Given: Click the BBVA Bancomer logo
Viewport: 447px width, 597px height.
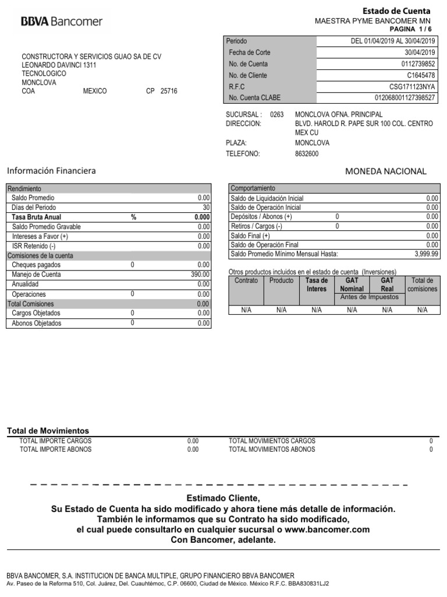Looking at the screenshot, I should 62,22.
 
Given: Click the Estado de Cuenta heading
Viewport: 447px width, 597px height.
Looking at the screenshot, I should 396,11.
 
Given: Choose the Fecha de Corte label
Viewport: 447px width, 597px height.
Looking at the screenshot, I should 250,52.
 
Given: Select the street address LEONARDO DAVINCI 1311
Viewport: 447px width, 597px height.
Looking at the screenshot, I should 59,65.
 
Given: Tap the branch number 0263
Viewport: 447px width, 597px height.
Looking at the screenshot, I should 277,114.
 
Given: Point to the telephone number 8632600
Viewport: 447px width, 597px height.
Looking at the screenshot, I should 307,154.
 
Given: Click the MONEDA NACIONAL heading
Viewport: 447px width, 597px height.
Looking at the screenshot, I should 386,171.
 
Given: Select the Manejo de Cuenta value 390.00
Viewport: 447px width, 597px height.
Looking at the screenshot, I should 200,275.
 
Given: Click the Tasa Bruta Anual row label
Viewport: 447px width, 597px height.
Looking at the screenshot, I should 36,217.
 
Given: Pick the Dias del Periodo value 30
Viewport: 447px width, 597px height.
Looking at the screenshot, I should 205,207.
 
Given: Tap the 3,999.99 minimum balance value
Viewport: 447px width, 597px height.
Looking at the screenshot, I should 427,255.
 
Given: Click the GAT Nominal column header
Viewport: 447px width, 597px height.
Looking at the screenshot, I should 352,285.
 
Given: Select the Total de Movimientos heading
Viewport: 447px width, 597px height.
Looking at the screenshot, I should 48,430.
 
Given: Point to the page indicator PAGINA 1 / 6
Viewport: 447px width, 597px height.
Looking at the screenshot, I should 410,29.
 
